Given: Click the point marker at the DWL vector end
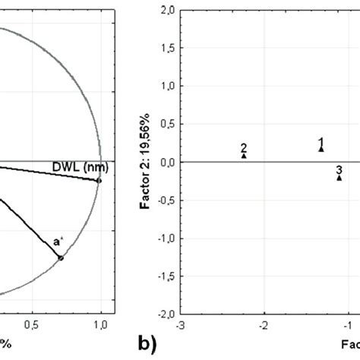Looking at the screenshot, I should point(99,181).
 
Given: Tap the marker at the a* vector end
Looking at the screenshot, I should point(62,258).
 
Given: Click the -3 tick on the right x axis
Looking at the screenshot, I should point(180,325).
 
